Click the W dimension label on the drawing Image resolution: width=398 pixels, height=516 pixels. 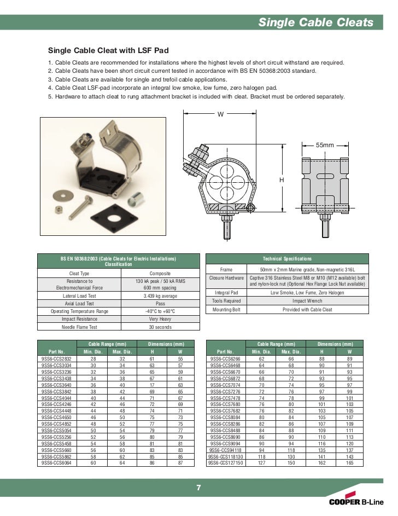220,114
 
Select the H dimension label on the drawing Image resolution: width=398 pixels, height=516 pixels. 282,179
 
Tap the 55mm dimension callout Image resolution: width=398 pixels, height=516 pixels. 325,145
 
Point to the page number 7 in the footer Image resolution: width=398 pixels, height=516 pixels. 198,488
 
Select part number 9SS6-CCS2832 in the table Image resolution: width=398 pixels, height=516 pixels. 56,359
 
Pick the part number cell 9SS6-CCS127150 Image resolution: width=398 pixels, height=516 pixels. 226,462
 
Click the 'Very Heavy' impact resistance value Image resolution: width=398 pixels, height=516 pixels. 160,319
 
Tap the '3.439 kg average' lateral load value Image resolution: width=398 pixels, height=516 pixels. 160,295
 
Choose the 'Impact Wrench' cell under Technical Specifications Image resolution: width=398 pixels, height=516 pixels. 307,300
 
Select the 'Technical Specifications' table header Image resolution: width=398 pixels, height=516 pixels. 287,258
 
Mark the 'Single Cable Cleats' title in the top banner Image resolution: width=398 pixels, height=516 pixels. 315,22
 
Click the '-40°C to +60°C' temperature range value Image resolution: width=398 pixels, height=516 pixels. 160,311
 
